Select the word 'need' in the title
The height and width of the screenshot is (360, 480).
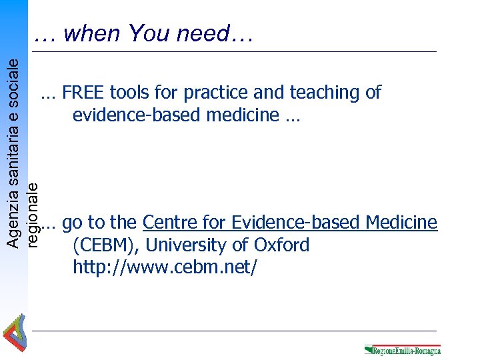203,33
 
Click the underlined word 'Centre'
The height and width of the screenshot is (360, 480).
169,222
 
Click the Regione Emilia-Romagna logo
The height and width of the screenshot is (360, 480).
402,350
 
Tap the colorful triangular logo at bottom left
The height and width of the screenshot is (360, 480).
14,334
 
